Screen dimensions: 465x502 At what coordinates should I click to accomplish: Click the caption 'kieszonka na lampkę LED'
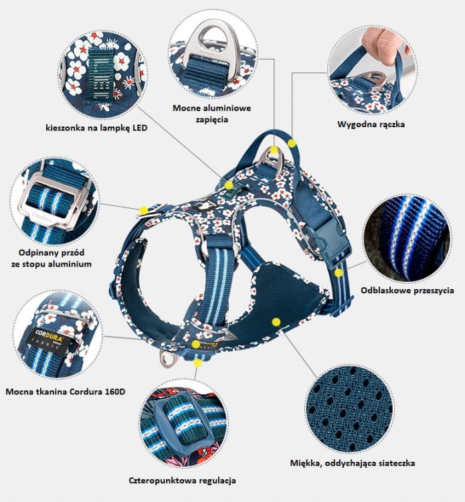point(96,128)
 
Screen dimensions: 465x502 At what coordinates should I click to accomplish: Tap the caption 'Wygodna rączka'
point(371,124)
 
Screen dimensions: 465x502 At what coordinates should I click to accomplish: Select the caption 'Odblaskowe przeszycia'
point(407,290)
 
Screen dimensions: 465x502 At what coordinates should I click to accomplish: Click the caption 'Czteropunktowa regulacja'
point(183,481)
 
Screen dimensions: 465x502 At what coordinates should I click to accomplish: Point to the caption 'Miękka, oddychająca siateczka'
point(353,463)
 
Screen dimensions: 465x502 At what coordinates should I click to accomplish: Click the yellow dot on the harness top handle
point(292,143)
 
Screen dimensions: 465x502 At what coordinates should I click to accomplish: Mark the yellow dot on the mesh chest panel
point(276,322)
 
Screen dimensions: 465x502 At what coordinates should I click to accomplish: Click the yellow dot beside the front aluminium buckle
point(144,210)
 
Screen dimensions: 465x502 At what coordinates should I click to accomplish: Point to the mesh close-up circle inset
point(349,409)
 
